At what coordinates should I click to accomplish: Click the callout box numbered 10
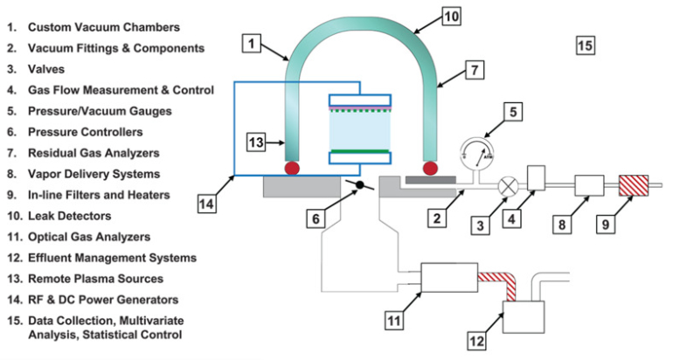pyautogui.click(x=451, y=15)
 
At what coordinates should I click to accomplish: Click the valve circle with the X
pyautogui.click(x=506, y=186)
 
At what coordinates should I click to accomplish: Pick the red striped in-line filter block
pyautogui.click(x=630, y=185)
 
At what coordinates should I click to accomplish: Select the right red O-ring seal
pyautogui.click(x=429, y=167)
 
